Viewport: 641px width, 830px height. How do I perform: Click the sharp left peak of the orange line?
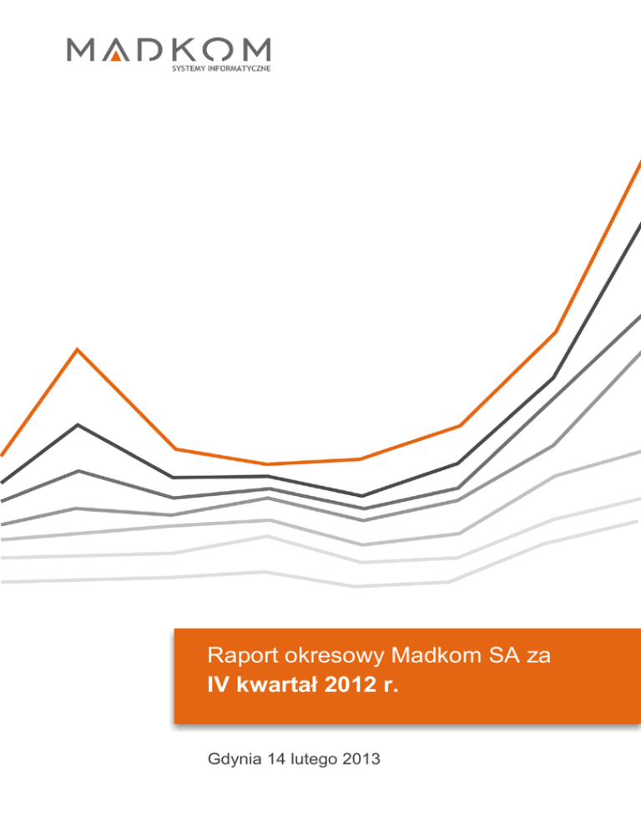click(x=78, y=349)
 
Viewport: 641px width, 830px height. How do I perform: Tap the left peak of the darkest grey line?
click(x=78, y=425)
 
